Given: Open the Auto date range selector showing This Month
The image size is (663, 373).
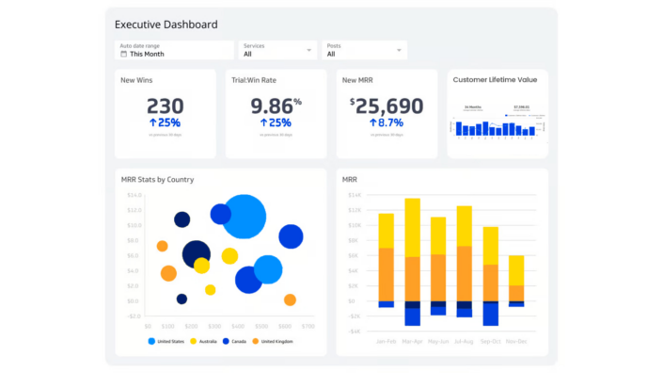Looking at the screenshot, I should (174, 50).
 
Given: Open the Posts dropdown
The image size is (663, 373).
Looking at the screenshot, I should (365, 50).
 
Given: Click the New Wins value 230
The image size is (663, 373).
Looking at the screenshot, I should (165, 105).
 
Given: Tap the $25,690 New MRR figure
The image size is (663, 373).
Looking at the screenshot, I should (387, 105).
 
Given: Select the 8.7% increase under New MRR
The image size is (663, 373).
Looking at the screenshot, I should (387, 122).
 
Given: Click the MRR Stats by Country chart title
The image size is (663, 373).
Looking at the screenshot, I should (158, 179).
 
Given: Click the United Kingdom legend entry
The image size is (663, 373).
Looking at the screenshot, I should (276, 341).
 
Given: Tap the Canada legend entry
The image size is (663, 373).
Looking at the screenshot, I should (237, 341).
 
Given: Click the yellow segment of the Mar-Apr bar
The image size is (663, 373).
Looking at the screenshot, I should (412, 226).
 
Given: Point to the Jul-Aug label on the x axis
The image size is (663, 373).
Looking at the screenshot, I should (465, 341).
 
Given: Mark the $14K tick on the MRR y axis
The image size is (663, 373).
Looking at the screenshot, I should (354, 195).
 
